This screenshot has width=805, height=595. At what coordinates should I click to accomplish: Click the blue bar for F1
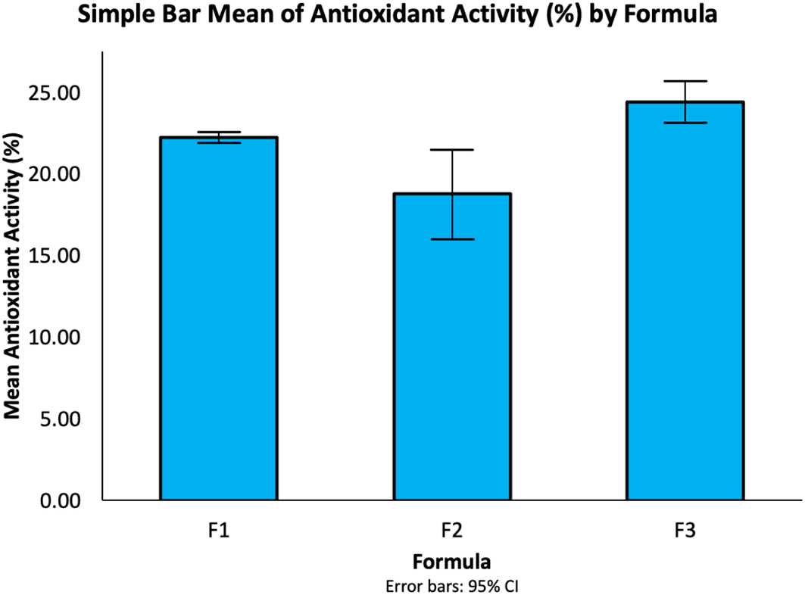point(218,318)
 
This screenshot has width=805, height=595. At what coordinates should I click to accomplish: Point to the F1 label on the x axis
point(218,531)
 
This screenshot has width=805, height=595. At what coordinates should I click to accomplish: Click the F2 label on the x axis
point(451,531)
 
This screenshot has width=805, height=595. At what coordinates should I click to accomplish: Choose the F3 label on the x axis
point(685,531)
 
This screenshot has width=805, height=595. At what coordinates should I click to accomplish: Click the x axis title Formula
point(451,562)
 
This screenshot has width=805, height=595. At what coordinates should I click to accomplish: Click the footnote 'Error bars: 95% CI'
point(451,585)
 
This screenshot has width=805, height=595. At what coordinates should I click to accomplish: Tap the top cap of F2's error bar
point(451,150)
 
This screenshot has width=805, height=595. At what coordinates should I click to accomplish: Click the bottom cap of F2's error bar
point(451,239)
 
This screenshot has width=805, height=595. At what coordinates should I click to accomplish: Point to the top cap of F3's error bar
point(685,81)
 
